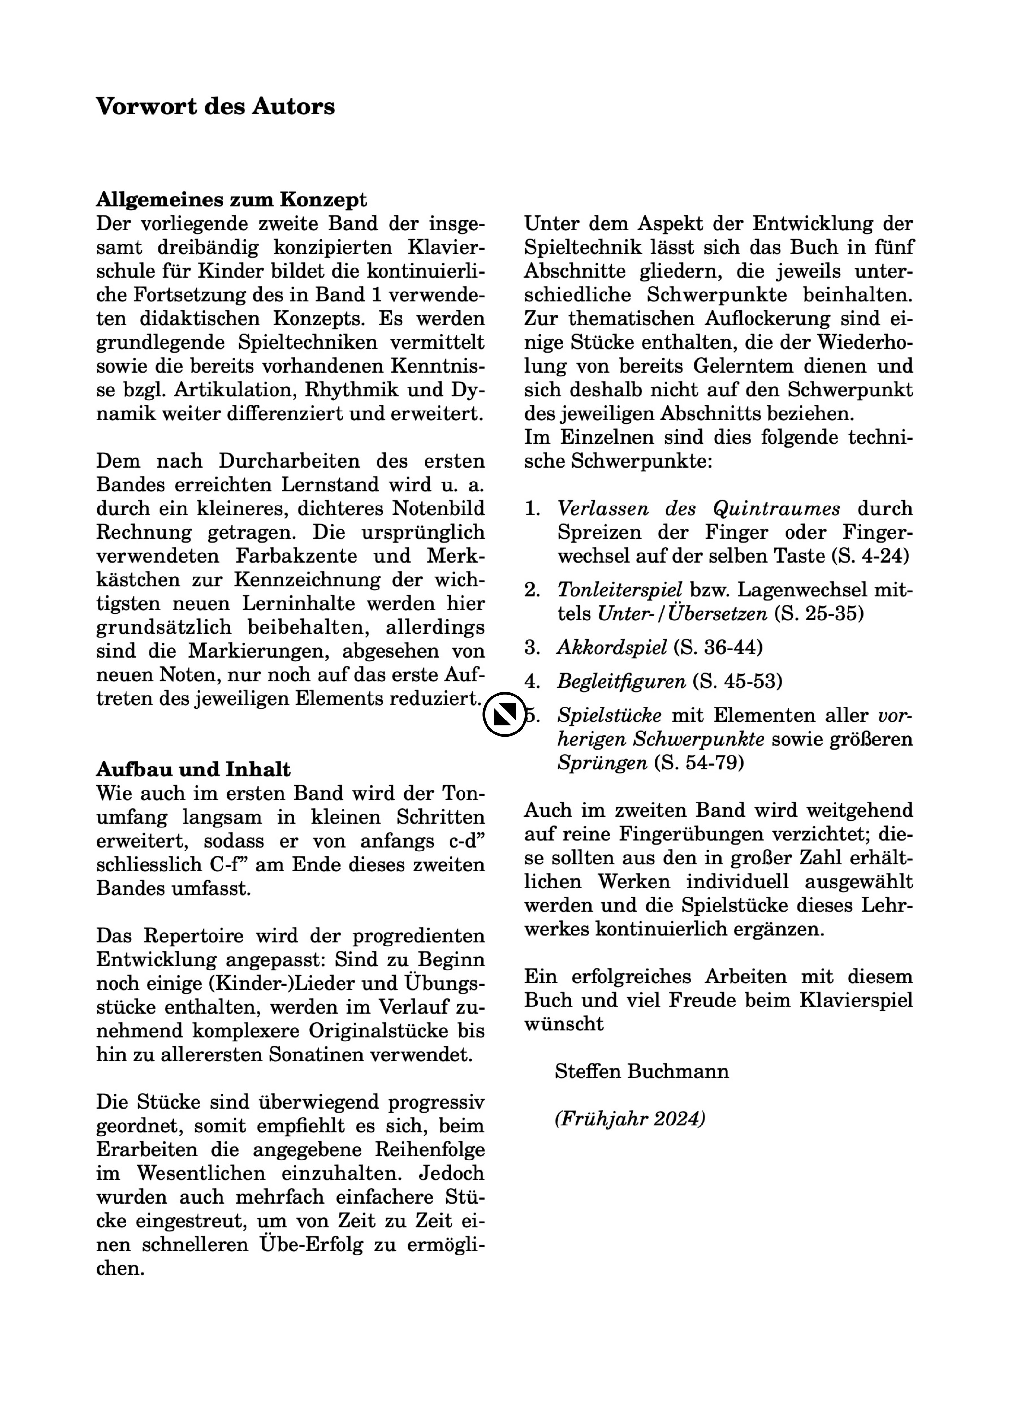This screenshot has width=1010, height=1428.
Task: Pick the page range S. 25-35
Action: (819, 614)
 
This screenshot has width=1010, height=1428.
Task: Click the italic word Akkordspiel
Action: (612, 648)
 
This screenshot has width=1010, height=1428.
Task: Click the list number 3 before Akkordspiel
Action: (531, 648)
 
